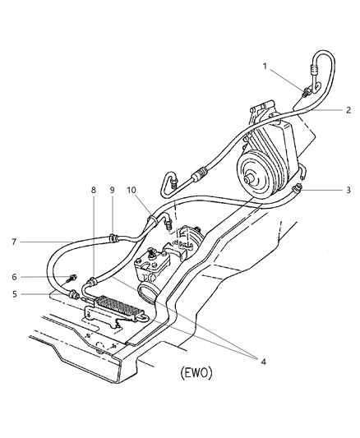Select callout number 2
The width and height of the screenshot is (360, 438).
click(348, 109)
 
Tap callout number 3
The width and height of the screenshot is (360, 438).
click(348, 190)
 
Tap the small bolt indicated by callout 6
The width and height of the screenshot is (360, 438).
click(73, 278)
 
